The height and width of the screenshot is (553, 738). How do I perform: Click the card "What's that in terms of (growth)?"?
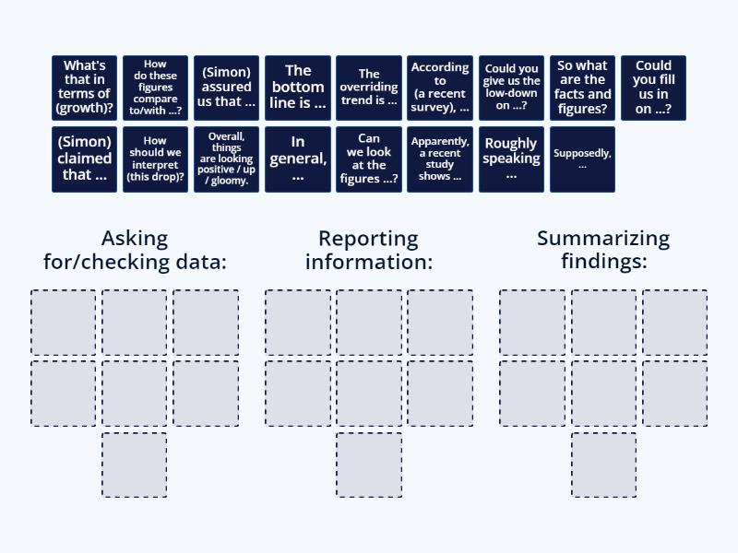click(x=84, y=88)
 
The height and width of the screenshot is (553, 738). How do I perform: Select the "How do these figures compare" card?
click(x=155, y=88)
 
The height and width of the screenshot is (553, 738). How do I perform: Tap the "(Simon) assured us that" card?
click(x=226, y=88)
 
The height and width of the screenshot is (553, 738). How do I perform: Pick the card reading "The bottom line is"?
click(x=298, y=88)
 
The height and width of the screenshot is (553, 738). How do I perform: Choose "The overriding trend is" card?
click(x=369, y=88)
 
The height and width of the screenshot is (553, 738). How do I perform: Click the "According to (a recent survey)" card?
click(x=440, y=88)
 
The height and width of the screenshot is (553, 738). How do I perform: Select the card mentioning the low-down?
click(x=512, y=88)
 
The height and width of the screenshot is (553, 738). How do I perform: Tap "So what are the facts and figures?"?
click(x=583, y=88)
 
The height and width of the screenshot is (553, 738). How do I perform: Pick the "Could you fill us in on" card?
click(x=654, y=88)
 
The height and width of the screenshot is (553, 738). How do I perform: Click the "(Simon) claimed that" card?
click(x=84, y=159)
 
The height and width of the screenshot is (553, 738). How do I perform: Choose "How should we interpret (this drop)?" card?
click(x=155, y=159)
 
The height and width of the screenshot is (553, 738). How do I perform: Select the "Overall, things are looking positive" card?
click(x=226, y=159)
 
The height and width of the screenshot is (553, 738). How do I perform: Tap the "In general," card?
click(x=298, y=159)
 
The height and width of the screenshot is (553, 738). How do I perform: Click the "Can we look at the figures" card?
click(x=369, y=159)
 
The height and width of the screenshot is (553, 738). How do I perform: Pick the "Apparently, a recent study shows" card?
click(x=440, y=159)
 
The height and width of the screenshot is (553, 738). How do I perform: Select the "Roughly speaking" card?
click(x=512, y=159)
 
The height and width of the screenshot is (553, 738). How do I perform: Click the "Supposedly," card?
click(x=583, y=159)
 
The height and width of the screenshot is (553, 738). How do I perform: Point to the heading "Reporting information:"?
click(x=369, y=250)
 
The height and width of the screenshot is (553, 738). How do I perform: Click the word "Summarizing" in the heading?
click(x=603, y=239)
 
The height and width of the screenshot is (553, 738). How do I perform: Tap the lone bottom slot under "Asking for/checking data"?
click(x=135, y=465)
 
